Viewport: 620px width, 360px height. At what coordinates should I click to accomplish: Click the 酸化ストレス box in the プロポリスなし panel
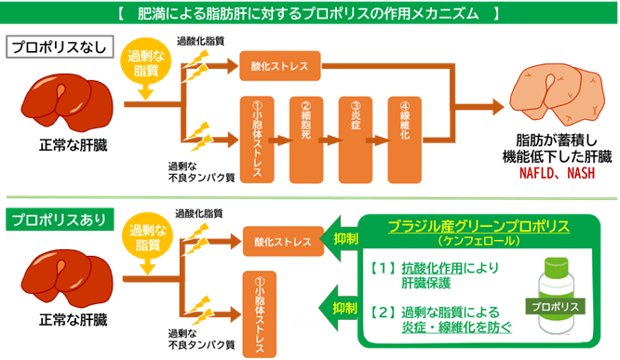pos(280,66)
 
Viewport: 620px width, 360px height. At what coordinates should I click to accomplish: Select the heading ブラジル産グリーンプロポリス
pos(480,226)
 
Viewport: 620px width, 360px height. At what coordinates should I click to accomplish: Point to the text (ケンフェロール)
pos(480,241)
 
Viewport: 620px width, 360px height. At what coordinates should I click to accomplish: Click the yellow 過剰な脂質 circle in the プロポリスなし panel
pos(144,64)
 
